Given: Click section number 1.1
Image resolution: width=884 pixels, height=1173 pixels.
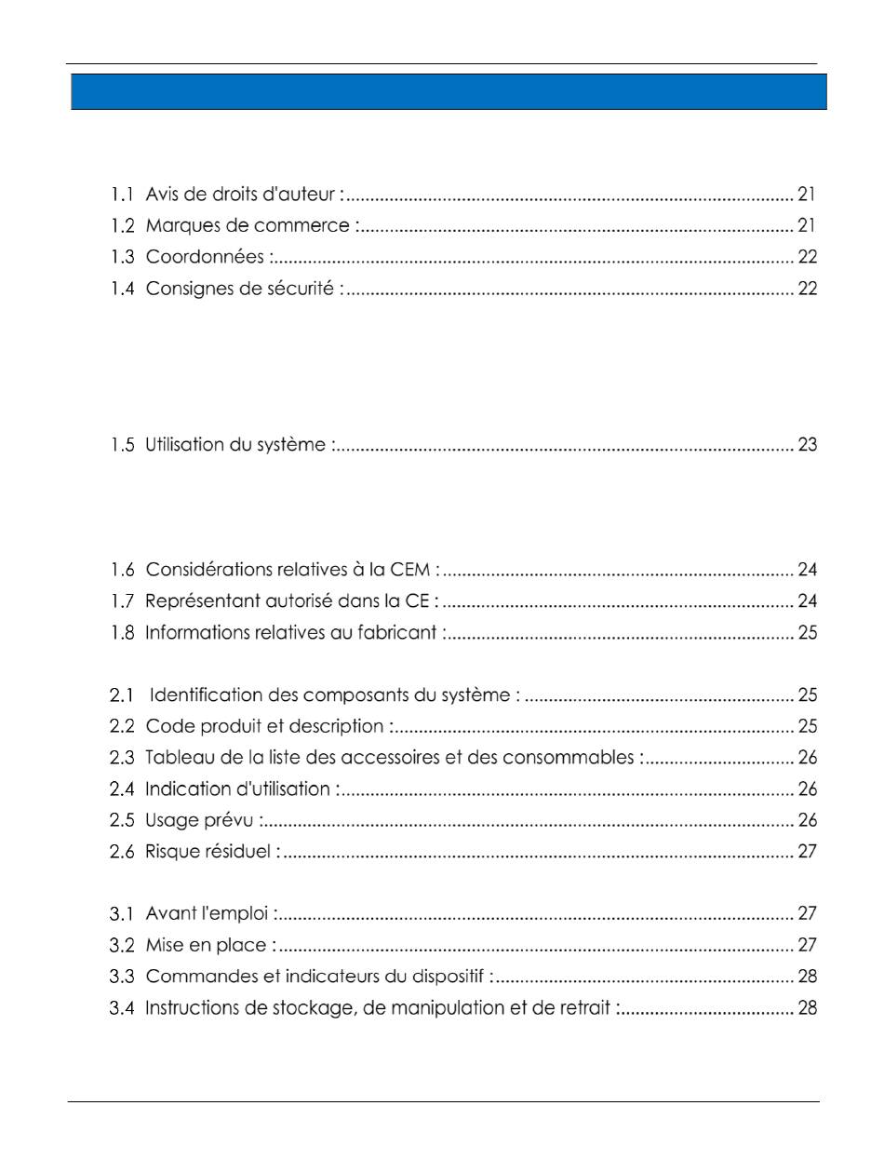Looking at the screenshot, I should tap(123, 195).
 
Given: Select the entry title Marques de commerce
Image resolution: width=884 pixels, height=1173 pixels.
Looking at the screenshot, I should tap(248, 226).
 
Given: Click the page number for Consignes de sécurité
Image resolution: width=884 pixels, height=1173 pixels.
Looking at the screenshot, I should tap(807, 289).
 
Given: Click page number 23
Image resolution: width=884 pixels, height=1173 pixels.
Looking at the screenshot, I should tap(807, 445).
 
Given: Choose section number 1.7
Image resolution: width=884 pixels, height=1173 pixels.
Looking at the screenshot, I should tap(123, 601).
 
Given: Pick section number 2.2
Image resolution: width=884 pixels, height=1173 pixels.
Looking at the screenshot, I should tap(123, 726).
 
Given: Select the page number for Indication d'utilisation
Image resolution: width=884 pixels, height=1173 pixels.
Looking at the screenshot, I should tap(807, 789).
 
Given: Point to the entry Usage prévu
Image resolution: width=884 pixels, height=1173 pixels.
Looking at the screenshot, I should tap(201, 820).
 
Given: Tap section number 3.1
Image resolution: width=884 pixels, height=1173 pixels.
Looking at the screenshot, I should tap(123, 914).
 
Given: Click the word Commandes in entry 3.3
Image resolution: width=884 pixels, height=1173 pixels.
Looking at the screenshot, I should tap(191, 977).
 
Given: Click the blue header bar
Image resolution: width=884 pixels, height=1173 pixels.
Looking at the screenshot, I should tap(449, 92).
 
